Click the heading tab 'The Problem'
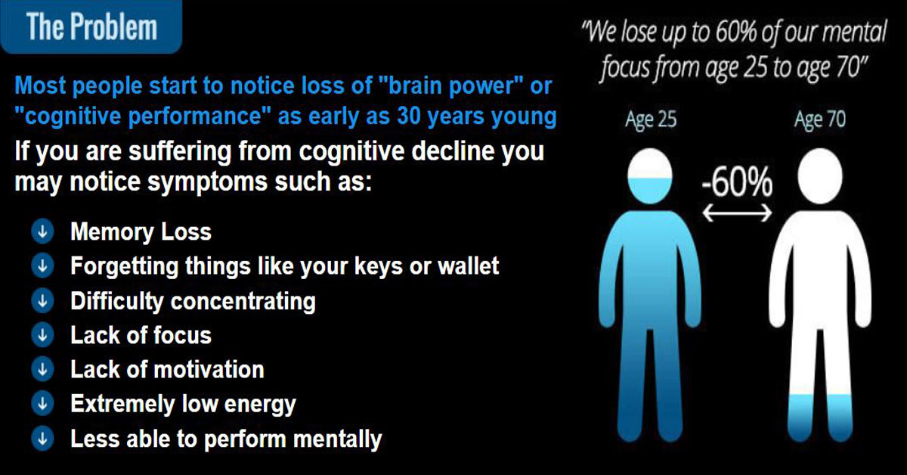pos(91,26)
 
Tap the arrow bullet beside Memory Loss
pos(42,231)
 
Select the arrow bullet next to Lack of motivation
pos(42,370)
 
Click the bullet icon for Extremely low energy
pos(42,404)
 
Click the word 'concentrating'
pos(243,302)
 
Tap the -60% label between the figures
pos(736,183)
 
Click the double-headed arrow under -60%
pos(737,213)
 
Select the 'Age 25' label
pos(651,120)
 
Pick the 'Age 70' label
pos(820,120)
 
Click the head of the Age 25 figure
pos(650,176)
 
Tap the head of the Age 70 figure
pos(820,176)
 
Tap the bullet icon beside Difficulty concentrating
pos(42,301)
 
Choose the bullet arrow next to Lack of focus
pos(42,335)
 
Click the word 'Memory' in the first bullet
pos(112,232)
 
